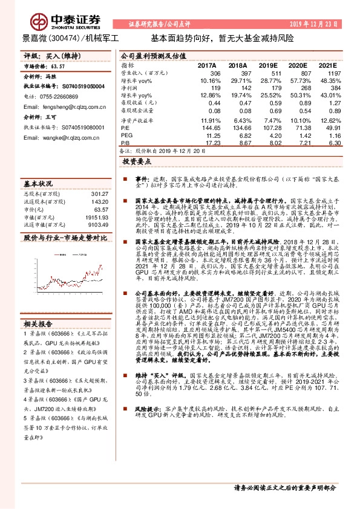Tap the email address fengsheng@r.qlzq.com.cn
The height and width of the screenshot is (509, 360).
pyautogui.click(x=62, y=105)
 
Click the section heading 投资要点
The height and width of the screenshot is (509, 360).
pyautogui.click(x=136, y=163)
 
